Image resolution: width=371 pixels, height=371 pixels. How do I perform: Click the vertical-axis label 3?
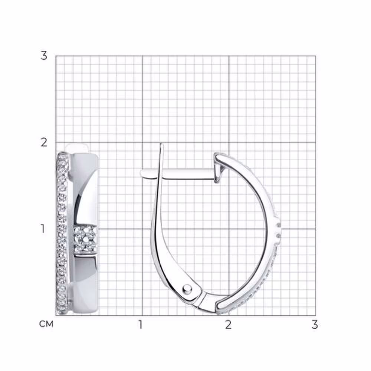pos(44,56)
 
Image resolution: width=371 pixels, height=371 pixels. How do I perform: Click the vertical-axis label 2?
pos(44,143)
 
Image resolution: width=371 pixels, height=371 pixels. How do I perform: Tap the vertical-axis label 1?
pos(43,229)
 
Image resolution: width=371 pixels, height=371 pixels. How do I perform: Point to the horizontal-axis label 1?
pos(141,325)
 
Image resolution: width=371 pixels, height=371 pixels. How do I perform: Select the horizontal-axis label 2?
pos(228,325)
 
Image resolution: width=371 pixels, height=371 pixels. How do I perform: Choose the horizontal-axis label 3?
pos(315,325)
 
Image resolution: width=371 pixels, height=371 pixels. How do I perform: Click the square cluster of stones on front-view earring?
pos(85,239)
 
